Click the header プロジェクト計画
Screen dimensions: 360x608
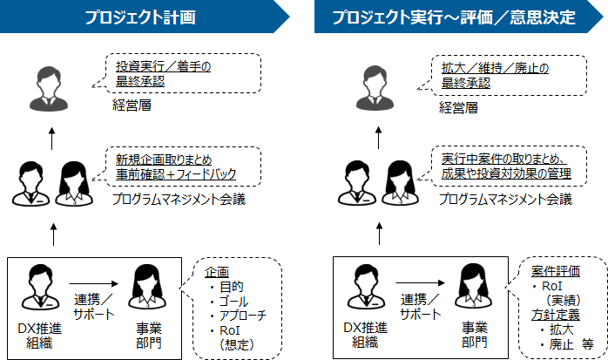pos(139,17)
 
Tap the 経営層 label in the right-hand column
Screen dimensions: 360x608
pos(456,108)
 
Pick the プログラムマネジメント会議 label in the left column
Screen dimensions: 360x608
pos(179,200)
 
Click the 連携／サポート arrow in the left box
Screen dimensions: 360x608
pos(91,283)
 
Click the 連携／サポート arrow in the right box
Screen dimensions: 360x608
pos(419,283)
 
